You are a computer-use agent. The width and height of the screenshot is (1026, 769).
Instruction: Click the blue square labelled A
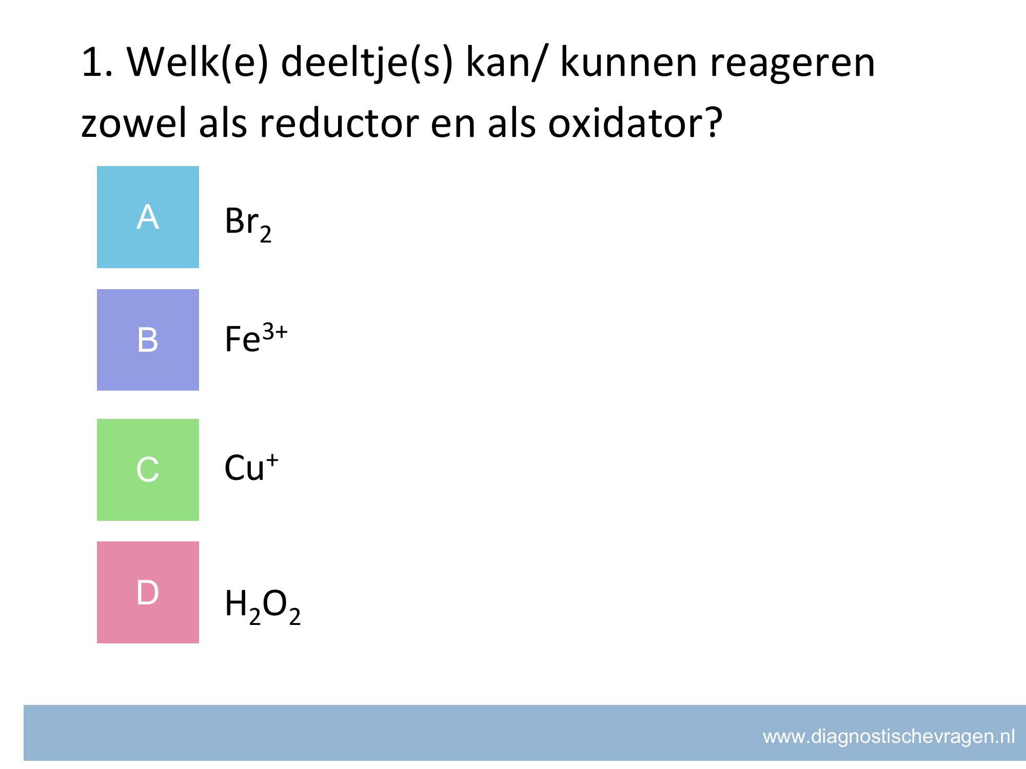coord(148,217)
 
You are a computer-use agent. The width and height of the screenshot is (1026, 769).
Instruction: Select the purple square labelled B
coord(148,340)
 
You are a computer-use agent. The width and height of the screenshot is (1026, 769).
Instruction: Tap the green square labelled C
coord(148,470)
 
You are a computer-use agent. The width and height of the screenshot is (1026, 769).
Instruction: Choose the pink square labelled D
coord(148,592)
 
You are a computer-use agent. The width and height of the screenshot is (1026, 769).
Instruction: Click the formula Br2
coord(248,224)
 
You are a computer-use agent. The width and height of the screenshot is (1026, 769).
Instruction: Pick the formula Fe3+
coord(256,338)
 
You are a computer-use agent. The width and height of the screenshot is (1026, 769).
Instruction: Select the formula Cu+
coord(251,467)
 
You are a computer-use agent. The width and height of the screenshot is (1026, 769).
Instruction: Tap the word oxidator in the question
coord(635,124)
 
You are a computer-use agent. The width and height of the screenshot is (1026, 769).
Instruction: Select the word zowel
coord(134,124)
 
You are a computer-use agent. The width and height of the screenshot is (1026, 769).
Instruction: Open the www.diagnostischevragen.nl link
coord(889,737)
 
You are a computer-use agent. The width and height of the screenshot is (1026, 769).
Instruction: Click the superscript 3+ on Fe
coord(275,333)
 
